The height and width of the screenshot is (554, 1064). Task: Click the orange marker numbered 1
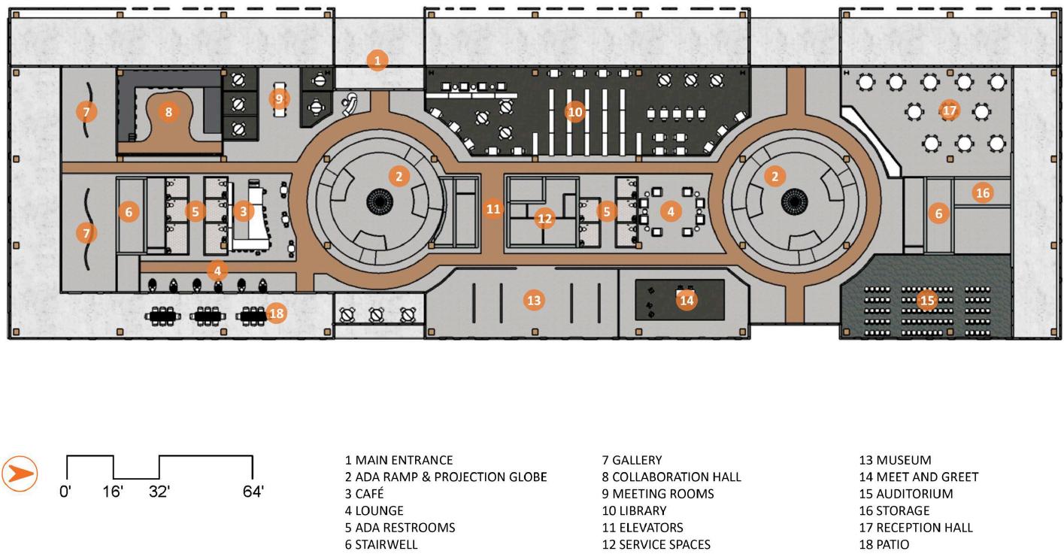[377, 60]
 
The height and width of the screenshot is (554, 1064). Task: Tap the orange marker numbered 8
[168, 112]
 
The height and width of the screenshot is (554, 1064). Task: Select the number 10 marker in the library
[574, 112]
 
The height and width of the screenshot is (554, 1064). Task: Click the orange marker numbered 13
[533, 300]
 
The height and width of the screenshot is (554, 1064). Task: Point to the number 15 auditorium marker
[926, 300]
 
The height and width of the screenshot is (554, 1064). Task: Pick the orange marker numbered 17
[949, 110]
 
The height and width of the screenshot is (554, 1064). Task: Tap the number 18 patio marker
[277, 313]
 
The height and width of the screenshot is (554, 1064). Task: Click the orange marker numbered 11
[493, 209]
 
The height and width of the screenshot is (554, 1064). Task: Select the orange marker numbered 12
[544, 219]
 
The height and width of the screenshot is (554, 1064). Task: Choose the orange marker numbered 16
[983, 192]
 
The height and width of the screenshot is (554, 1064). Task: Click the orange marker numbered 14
[687, 300]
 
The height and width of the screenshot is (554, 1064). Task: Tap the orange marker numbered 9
[279, 98]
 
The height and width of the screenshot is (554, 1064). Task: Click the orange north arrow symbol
[20, 474]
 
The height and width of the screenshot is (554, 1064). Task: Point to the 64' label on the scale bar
[253, 492]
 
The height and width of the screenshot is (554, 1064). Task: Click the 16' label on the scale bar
[113, 492]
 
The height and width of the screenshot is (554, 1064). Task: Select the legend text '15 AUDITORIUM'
[906, 494]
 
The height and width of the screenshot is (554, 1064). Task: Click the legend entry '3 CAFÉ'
[365, 494]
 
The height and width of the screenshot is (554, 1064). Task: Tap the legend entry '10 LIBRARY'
[634, 511]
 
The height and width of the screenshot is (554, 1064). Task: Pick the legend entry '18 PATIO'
[884, 544]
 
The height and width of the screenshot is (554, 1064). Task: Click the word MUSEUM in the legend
[903, 460]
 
